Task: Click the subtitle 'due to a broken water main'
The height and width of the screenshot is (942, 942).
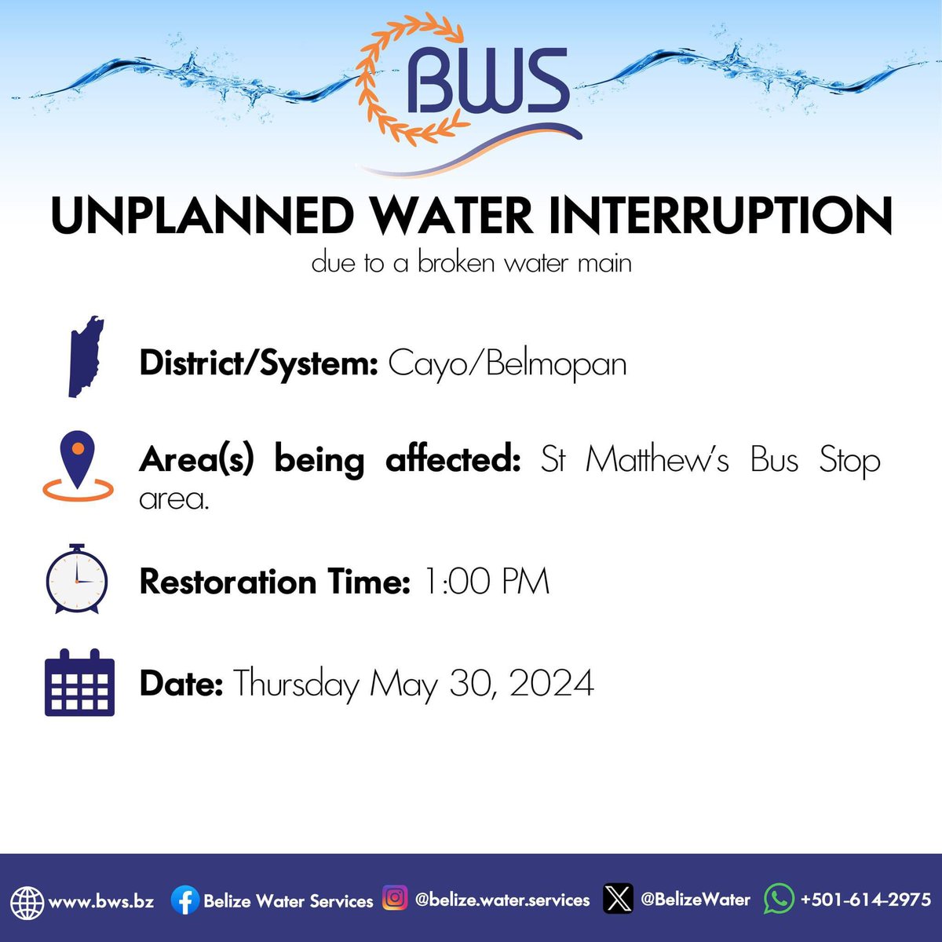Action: (471, 262)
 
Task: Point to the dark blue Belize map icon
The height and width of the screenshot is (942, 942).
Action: (85, 357)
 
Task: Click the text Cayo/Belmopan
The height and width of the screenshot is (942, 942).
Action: (507, 364)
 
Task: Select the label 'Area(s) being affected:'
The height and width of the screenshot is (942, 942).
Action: (330, 460)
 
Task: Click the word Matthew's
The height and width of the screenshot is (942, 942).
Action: (656, 460)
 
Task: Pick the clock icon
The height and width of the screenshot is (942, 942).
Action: (76, 579)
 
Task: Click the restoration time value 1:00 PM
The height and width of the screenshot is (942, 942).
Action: (486, 582)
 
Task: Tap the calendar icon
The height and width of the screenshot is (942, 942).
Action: (79, 682)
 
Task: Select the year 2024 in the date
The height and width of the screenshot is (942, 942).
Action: (551, 683)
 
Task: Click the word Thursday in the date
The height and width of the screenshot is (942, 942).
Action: (296, 683)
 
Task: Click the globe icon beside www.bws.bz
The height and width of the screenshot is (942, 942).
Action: (27, 901)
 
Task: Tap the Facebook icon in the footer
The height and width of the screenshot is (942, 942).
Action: (184, 900)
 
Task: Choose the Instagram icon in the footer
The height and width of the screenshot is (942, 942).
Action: (395, 898)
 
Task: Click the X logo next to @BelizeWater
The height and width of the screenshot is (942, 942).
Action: (618, 899)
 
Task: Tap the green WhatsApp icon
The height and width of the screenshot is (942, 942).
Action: (778, 899)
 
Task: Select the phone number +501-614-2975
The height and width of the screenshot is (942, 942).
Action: (865, 900)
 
